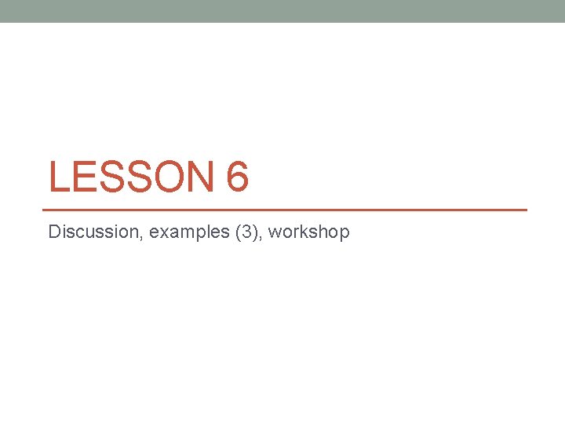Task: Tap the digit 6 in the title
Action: [x=237, y=177]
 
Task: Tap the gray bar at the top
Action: [x=282, y=11]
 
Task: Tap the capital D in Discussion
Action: [x=53, y=232]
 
